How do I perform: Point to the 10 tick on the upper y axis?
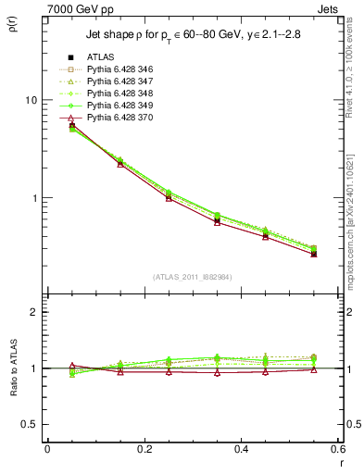31,100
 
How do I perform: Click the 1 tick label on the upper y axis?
33,198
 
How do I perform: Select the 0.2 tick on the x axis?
144,448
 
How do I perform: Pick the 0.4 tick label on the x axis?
241,448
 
